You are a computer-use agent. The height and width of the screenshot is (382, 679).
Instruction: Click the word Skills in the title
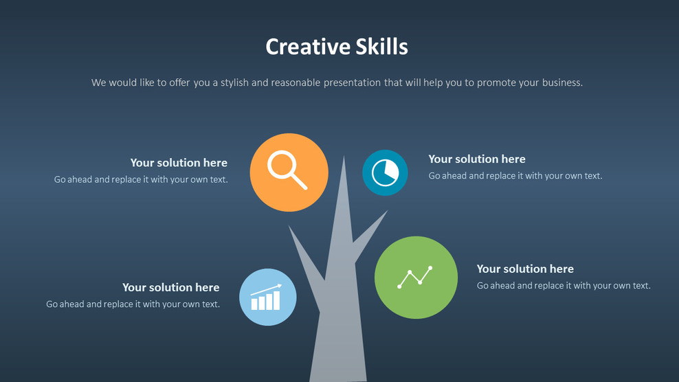point(382,47)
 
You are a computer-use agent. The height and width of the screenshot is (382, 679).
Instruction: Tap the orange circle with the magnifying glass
point(289,172)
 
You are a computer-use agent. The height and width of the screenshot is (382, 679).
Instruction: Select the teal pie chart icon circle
point(385,172)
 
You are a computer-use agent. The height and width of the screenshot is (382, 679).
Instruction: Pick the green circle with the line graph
point(416,278)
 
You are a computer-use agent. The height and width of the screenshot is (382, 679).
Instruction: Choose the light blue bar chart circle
point(268,297)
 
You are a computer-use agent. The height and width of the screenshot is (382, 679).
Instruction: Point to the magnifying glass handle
point(298,181)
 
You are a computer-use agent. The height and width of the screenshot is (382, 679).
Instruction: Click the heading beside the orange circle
point(179,163)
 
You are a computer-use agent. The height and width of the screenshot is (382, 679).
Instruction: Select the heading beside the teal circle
point(477,159)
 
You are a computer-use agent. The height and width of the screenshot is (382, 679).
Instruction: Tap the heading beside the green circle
point(525,269)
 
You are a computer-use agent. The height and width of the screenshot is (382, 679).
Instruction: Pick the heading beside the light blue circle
point(171,287)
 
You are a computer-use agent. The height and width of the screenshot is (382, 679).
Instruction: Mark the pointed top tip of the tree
point(344,157)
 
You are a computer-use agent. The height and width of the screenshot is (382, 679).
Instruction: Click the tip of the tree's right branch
point(387,211)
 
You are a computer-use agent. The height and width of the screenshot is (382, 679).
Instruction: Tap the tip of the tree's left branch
point(289,227)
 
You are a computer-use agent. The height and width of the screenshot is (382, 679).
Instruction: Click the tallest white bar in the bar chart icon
point(276,300)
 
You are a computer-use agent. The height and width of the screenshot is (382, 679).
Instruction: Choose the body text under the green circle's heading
point(564,286)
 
